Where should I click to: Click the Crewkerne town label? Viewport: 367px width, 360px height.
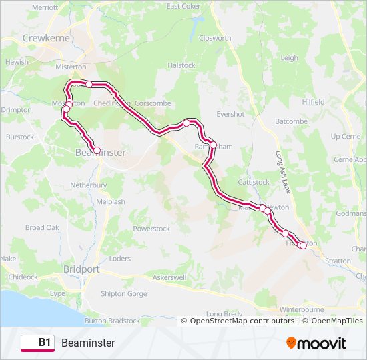click(47, 39)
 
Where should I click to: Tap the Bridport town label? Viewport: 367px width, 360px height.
click(81, 269)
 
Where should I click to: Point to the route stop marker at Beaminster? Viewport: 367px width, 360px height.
click(97, 151)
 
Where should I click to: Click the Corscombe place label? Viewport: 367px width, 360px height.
click(153, 103)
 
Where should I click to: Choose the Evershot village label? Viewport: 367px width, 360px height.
click(230, 114)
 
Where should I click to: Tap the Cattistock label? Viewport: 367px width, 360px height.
click(253, 182)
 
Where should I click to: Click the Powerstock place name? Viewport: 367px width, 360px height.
click(151, 229)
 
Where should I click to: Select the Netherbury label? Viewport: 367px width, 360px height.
click(89, 185)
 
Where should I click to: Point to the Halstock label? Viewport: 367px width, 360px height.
click(181, 65)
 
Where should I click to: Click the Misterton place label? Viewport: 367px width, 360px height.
click(71, 67)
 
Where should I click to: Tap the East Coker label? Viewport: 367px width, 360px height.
click(183, 6)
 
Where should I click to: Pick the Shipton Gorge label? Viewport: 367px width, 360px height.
click(123, 293)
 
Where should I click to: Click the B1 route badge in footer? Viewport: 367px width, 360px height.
click(38, 343)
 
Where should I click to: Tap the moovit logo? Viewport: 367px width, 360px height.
click(316, 343)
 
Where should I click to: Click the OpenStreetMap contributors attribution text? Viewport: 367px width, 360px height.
click(242, 321)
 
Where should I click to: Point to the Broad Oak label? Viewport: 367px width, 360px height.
click(43, 228)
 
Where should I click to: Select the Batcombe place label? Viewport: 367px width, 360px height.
click(292, 121)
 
